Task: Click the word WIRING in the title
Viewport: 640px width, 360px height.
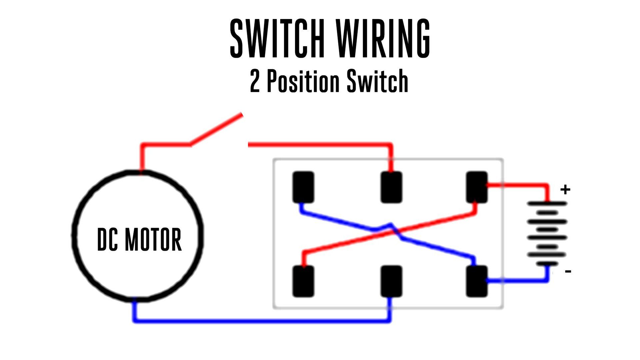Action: click(x=383, y=38)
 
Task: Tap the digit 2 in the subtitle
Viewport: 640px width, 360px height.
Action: click(x=255, y=81)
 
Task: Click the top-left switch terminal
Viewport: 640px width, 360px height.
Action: click(x=303, y=187)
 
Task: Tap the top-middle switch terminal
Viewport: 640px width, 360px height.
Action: click(x=391, y=187)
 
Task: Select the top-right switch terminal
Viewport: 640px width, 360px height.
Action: click(x=477, y=187)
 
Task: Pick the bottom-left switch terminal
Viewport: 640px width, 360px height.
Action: click(x=303, y=281)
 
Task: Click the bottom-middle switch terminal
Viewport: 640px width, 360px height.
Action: click(x=391, y=281)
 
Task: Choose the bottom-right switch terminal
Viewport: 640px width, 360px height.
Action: click(x=477, y=281)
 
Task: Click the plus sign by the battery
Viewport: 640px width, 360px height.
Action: click(x=565, y=190)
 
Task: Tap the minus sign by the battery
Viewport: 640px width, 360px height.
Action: click(x=568, y=271)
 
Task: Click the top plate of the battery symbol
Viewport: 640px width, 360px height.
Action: click(x=547, y=203)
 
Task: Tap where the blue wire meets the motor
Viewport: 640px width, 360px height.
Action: click(x=134, y=301)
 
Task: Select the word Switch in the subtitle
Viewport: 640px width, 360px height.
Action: click(x=377, y=81)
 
